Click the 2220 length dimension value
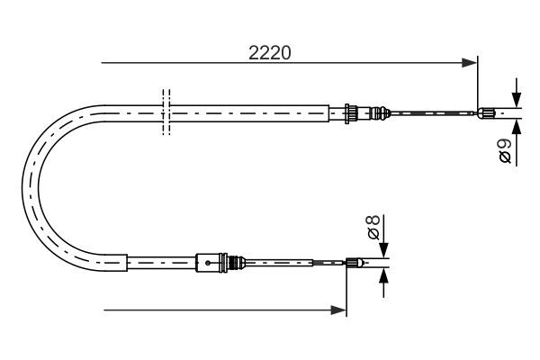(x=269, y=53)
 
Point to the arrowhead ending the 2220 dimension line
(x=469, y=63)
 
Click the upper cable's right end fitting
(x=487, y=112)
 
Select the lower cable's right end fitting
(x=355, y=263)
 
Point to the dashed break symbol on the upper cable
(x=165, y=112)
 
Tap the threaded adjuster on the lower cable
(x=238, y=263)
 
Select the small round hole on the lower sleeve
(x=208, y=263)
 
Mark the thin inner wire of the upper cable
(x=432, y=112)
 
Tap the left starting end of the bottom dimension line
(x=106, y=310)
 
